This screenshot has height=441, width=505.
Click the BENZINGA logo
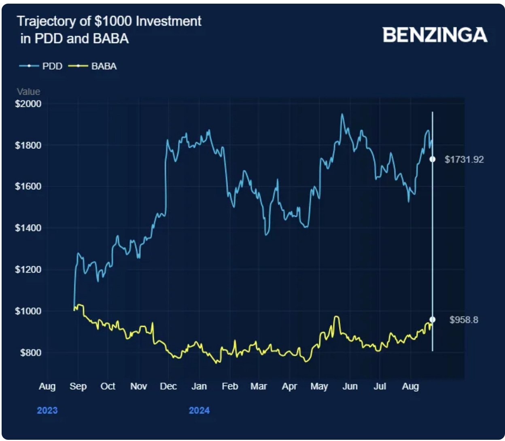click(435, 35)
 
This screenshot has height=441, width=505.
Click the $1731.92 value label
click(464, 159)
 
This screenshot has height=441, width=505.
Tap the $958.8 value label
click(464, 320)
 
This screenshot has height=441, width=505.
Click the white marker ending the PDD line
click(432, 159)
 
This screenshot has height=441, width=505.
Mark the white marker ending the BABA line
click(432, 320)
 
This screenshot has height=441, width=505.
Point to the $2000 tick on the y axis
click(28, 104)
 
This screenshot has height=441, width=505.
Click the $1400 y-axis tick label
click(28, 228)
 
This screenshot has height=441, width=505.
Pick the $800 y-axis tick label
click(30, 353)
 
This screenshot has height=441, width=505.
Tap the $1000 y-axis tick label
click(28, 311)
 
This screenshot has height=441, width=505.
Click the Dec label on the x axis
click(168, 386)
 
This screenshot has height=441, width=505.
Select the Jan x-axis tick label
click(199, 386)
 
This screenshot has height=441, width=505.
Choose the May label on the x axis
click(319, 386)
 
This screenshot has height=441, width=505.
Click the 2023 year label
click(47, 411)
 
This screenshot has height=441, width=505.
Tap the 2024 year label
click(199, 411)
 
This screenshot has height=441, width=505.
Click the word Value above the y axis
click(28, 92)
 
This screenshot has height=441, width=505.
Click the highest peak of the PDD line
click(342, 114)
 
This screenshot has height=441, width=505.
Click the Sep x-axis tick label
click(78, 386)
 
